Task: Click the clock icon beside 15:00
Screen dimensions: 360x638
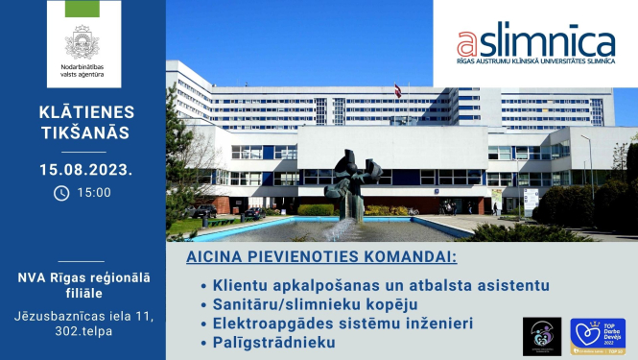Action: pos(61,192)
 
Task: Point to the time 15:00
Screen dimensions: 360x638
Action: pos(94,192)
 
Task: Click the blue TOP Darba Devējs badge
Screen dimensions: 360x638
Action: pos(597,337)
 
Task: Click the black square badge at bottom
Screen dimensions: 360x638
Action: pos(542,336)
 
